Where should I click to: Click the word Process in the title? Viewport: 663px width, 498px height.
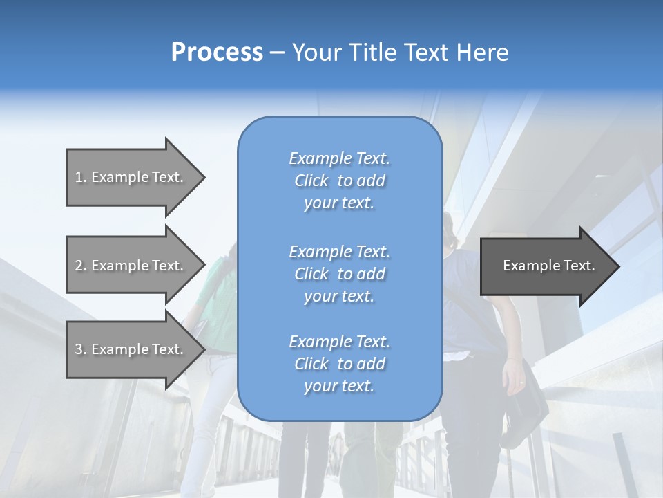coord(217,53)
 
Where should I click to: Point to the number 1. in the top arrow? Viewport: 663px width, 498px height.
coord(81,177)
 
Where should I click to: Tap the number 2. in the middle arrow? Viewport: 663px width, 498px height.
coord(81,266)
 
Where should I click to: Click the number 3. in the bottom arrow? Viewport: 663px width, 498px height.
coord(81,349)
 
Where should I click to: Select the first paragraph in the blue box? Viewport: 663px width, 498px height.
coord(339,181)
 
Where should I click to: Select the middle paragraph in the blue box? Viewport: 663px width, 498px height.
coord(339,274)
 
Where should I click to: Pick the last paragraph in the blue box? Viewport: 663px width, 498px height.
coord(339,364)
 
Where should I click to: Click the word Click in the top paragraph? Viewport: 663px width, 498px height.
coord(311,181)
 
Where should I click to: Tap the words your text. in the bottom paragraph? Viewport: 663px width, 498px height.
coord(339,386)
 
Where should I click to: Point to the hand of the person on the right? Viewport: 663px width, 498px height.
coord(515,378)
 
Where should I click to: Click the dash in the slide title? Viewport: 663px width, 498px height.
coord(277,53)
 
